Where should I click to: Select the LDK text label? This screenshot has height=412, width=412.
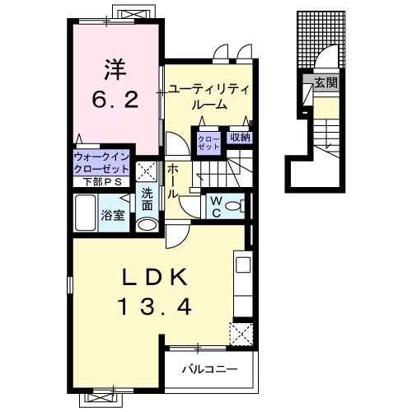pyautogui.click(x=157, y=277)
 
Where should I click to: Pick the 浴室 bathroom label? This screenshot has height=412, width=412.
pyautogui.click(x=113, y=216)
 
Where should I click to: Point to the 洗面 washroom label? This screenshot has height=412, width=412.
pyautogui.click(x=146, y=199)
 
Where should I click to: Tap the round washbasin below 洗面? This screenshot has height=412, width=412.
pyautogui.click(x=147, y=224)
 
